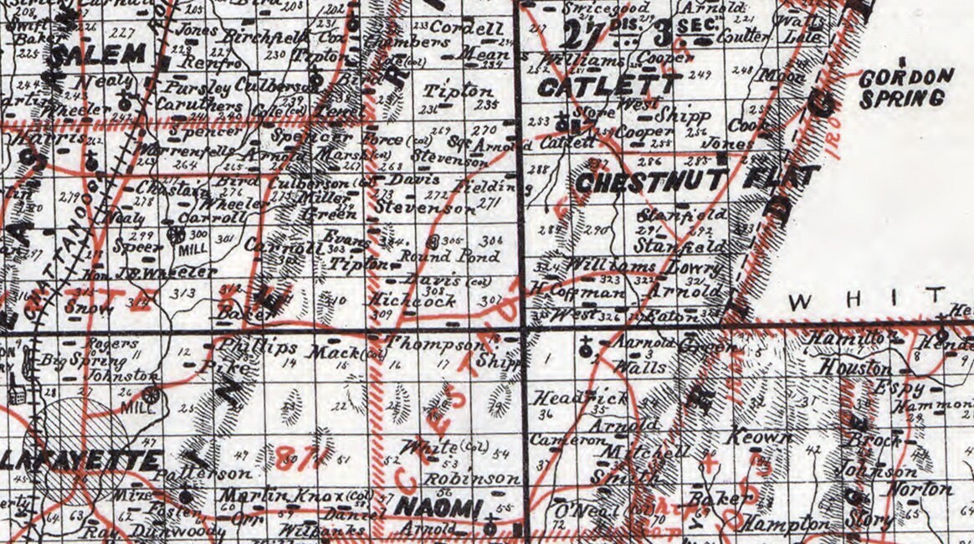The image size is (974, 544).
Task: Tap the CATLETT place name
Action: (x=607, y=85)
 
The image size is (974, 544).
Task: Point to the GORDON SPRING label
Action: (x=906, y=86)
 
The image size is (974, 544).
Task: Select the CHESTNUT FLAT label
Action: (x=696, y=180)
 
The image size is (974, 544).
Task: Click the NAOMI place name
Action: (x=438, y=506)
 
